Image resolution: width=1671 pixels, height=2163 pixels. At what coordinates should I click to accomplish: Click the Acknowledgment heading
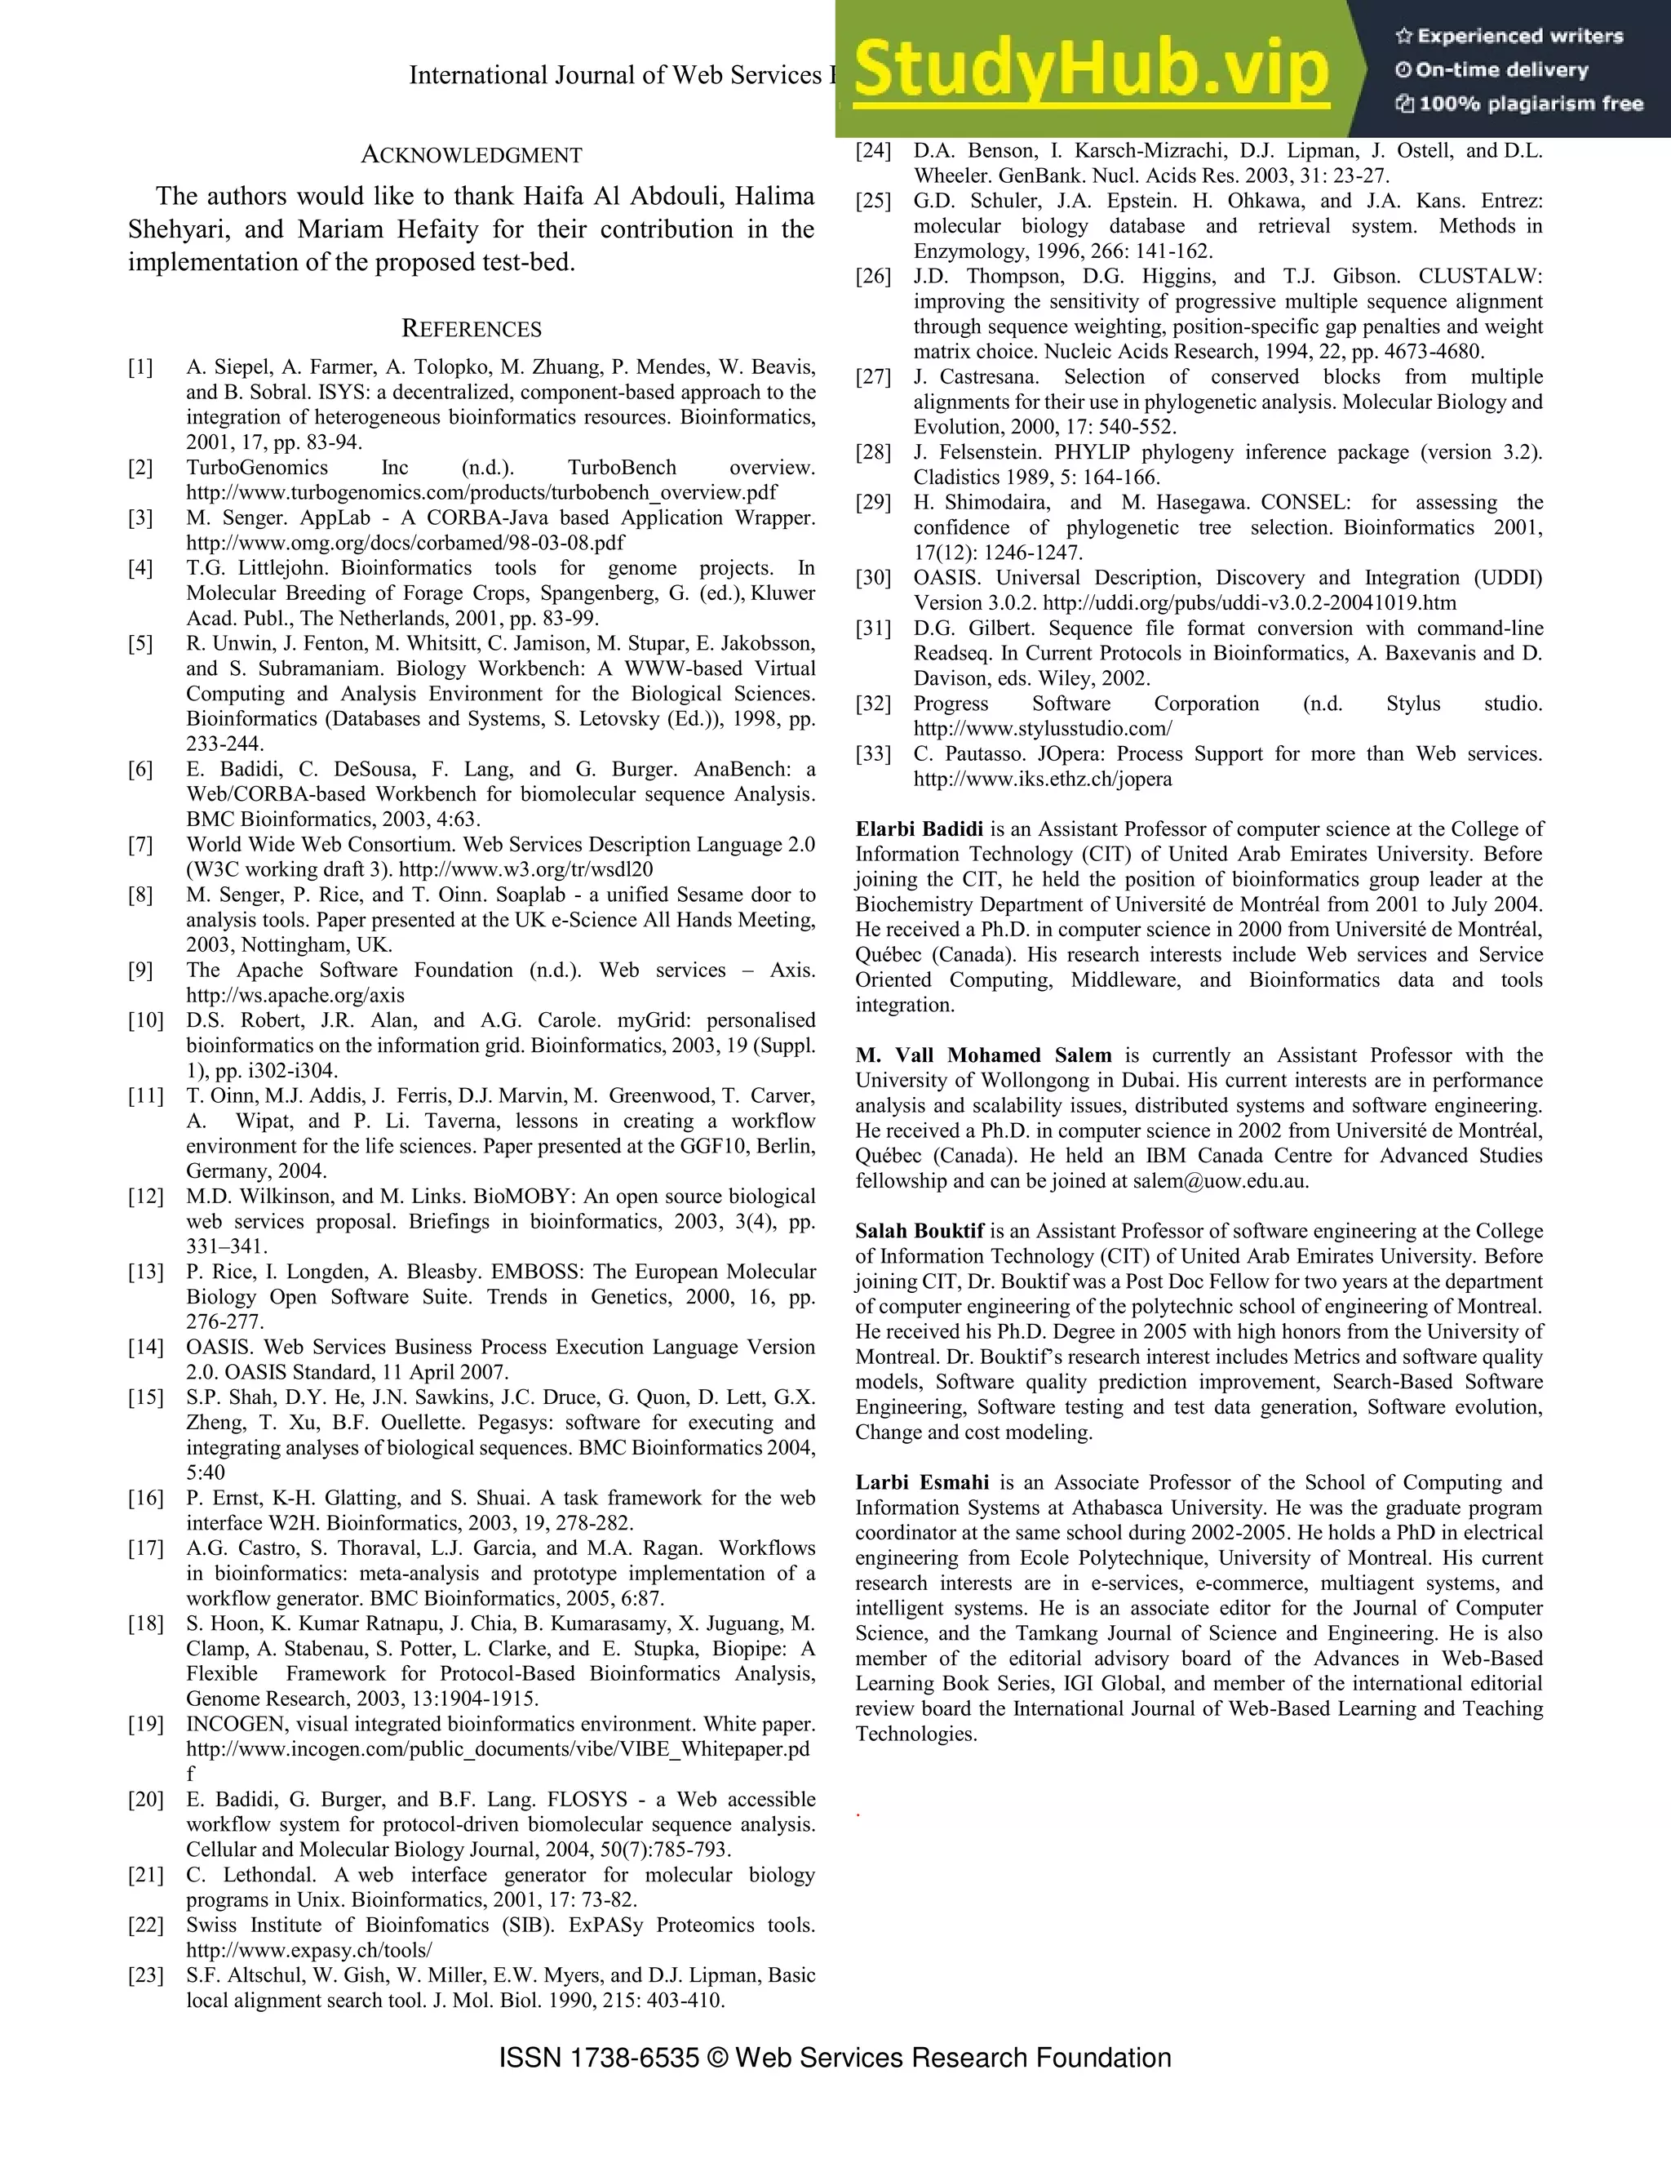(x=472, y=155)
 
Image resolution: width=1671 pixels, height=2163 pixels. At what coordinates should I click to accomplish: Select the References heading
(x=472, y=329)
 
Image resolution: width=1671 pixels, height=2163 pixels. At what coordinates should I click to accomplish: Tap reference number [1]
(x=140, y=367)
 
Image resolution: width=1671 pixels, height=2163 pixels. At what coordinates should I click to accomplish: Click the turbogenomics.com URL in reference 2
(x=481, y=492)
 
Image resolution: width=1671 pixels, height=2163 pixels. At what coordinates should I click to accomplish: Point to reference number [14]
(x=144, y=1347)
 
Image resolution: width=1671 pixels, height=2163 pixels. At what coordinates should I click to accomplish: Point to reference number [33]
(x=873, y=753)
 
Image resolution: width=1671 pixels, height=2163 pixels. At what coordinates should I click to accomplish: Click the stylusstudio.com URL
(x=1043, y=729)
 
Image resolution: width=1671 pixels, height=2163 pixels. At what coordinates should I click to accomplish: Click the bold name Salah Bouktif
(x=920, y=1231)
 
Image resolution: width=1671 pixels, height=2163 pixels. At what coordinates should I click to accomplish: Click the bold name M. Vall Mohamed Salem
(x=983, y=1055)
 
